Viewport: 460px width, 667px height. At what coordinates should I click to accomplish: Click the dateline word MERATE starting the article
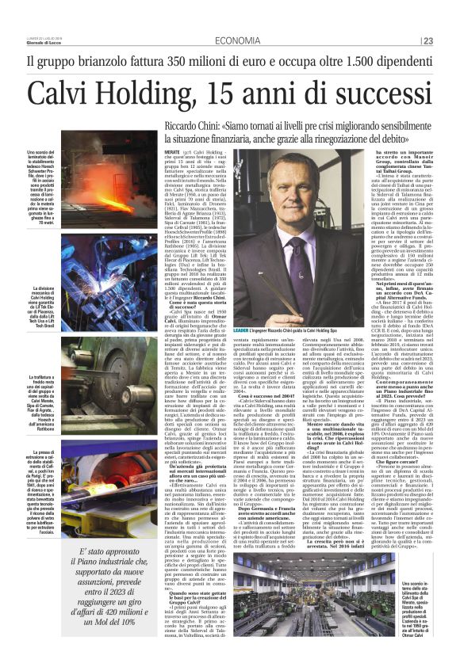(174, 151)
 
